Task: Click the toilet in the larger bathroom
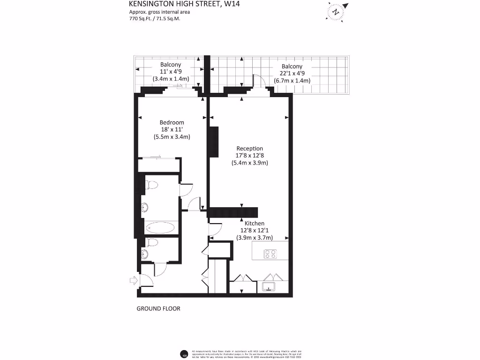point(150,186)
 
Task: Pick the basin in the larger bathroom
point(147,206)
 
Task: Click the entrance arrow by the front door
point(133,281)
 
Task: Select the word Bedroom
point(172,122)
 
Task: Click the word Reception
point(249,149)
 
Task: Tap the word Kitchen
point(255,224)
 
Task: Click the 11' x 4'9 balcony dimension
point(171,72)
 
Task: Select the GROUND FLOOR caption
point(158,309)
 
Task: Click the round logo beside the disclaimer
point(184,354)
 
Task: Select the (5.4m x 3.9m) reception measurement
point(249,163)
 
